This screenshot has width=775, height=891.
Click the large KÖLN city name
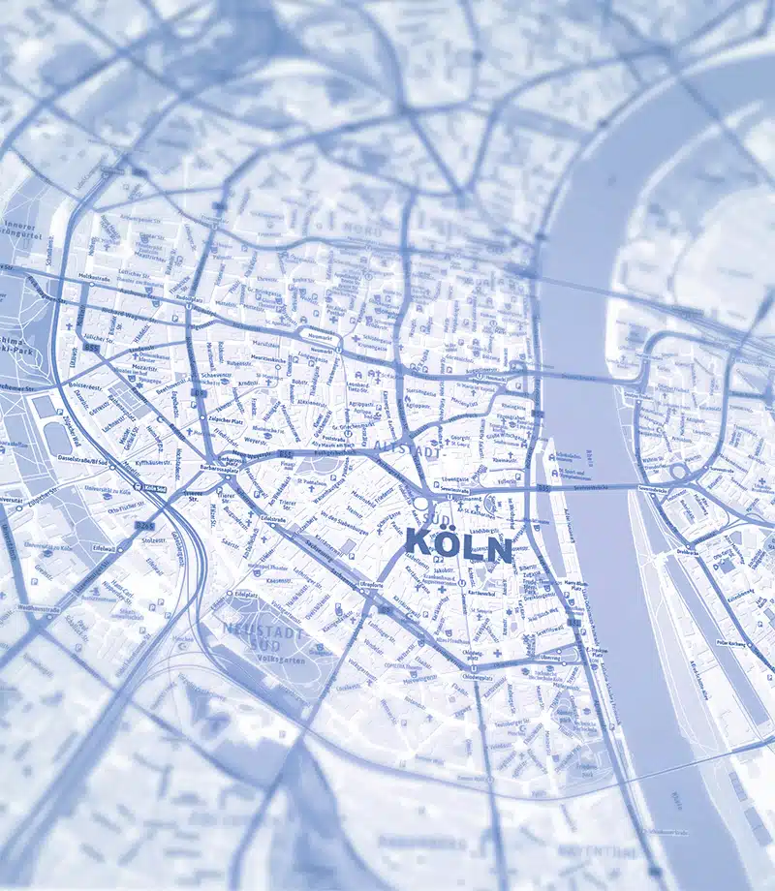459,546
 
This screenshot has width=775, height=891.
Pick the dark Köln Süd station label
154,487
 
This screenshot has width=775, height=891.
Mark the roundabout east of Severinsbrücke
678,473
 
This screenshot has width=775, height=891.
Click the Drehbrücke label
688,552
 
